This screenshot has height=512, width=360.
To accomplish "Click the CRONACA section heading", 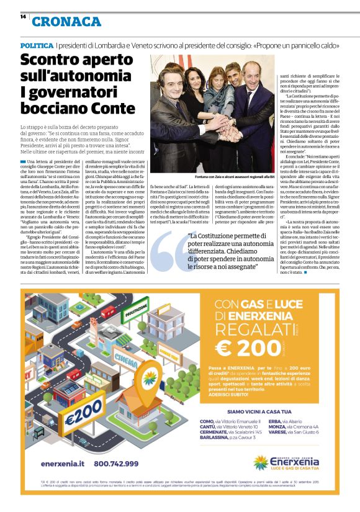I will pos(66,22).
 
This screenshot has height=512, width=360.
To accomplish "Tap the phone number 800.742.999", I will pos(116,464).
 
